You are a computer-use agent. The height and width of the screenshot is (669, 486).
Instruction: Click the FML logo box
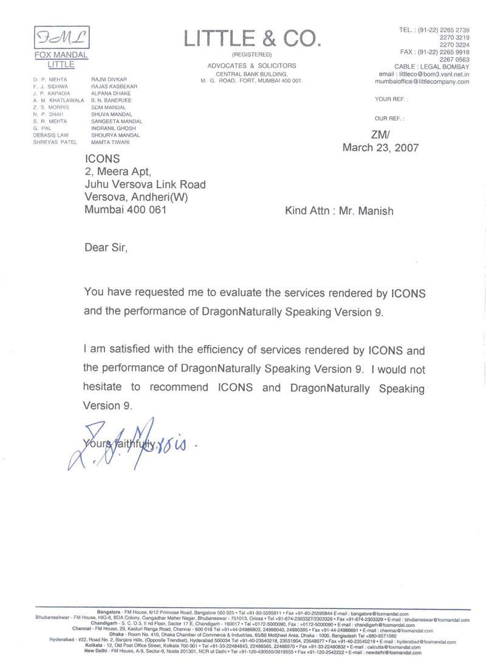61,38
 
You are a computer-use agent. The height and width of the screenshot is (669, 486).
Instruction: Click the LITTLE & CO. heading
252,39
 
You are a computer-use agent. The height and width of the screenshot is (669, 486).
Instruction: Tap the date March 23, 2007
380,148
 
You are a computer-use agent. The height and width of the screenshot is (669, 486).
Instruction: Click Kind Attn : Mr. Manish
339,211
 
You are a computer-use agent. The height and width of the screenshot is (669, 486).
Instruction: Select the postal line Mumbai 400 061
125,211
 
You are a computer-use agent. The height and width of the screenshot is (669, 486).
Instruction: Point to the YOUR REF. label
391,98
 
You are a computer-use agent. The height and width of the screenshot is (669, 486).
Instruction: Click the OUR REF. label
389,118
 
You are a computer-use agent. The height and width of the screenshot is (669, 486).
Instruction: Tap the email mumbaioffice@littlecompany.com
422,81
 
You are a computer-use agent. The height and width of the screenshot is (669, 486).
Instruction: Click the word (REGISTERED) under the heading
252,55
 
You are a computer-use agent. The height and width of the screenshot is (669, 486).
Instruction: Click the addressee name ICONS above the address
100,159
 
